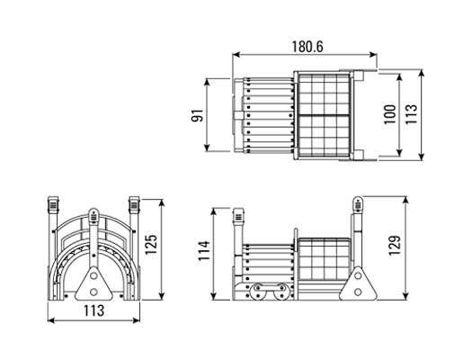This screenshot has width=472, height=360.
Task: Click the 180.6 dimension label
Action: click(307, 47)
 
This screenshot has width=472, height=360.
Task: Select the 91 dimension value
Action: click(197, 115)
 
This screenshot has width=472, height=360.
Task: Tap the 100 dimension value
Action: click(389, 114)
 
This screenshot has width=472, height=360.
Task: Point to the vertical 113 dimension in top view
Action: click(411, 114)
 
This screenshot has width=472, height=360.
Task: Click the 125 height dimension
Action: click(151, 244)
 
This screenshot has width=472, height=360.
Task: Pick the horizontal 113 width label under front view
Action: click(94, 310)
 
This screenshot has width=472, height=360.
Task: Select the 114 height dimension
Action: click(204, 250)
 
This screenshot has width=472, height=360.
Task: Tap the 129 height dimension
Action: click(395, 246)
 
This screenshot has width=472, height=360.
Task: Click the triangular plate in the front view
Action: click(94, 283)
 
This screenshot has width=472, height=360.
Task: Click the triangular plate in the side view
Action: click(358, 283)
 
